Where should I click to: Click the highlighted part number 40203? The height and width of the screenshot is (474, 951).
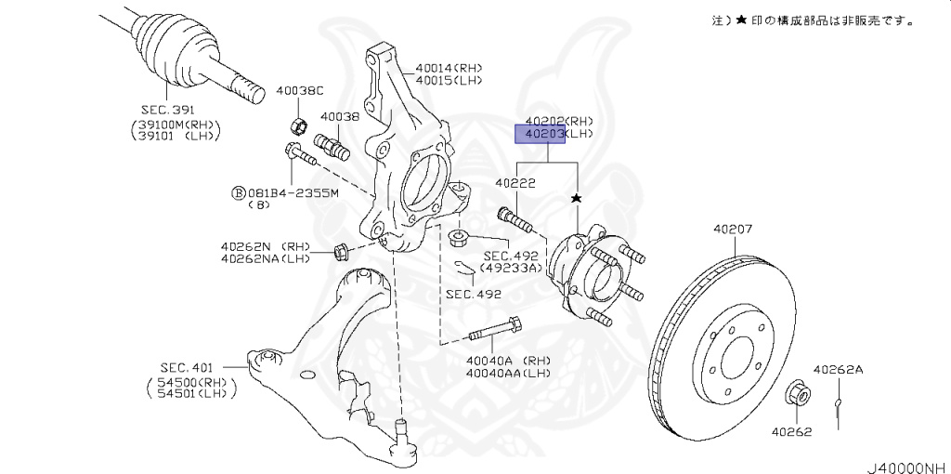point(541,135)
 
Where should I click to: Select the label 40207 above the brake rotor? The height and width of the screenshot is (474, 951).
point(733,230)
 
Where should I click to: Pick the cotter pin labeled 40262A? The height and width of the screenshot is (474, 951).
point(839,403)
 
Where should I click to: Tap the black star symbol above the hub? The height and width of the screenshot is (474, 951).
point(578,199)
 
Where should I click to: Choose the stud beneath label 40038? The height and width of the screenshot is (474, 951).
point(332,146)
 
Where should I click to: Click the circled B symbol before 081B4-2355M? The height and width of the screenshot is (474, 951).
point(238,193)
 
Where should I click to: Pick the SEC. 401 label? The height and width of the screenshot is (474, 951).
point(189,368)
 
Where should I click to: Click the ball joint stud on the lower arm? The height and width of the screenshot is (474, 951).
point(402,432)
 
